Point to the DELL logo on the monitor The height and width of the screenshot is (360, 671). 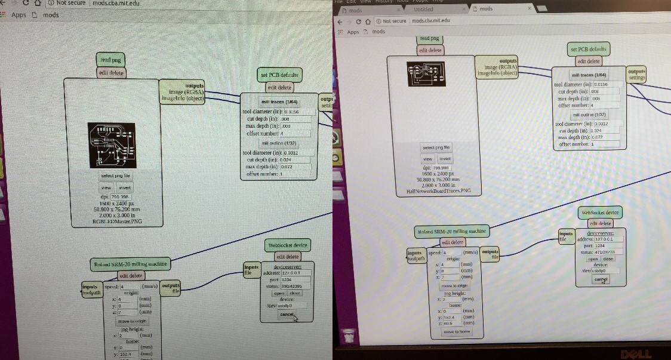[x=635, y=354]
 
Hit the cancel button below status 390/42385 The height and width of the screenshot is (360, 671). [x=287, y=314]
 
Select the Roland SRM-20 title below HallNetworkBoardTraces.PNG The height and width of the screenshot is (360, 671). [x=452, y=231]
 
